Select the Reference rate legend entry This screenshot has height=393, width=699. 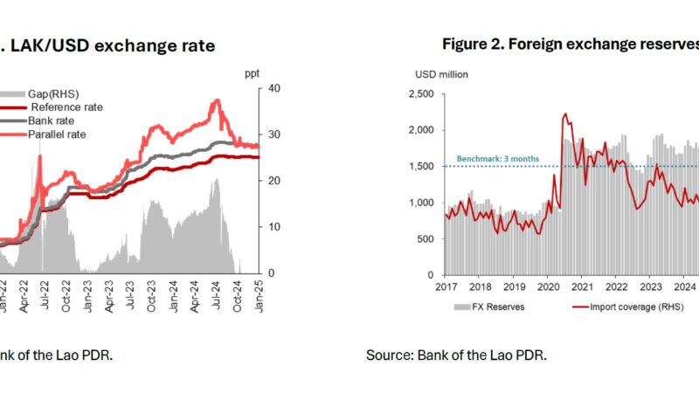click(66, 107)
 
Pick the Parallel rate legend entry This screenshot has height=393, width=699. click(58, 134)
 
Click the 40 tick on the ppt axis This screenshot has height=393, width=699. click(275, 88)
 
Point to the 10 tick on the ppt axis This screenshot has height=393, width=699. click(275, 226)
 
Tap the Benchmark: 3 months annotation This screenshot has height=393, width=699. click(491, 159)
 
